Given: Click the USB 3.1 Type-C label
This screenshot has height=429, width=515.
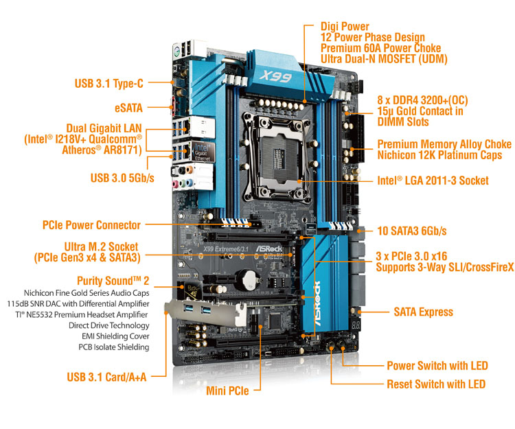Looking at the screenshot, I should click(109, 84).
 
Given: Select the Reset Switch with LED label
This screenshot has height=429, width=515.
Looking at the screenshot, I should click(436, 384).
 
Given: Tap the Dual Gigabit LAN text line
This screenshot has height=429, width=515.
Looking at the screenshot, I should click(104, 128).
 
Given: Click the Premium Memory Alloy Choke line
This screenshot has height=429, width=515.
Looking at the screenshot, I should click(444, 144).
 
